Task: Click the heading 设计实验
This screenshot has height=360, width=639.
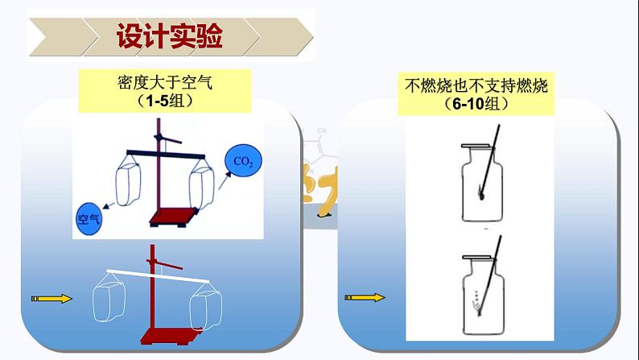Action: pos(169,36)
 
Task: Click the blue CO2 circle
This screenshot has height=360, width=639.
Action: pos(243,161)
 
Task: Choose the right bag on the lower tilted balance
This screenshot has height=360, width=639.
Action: pos(204,312)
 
